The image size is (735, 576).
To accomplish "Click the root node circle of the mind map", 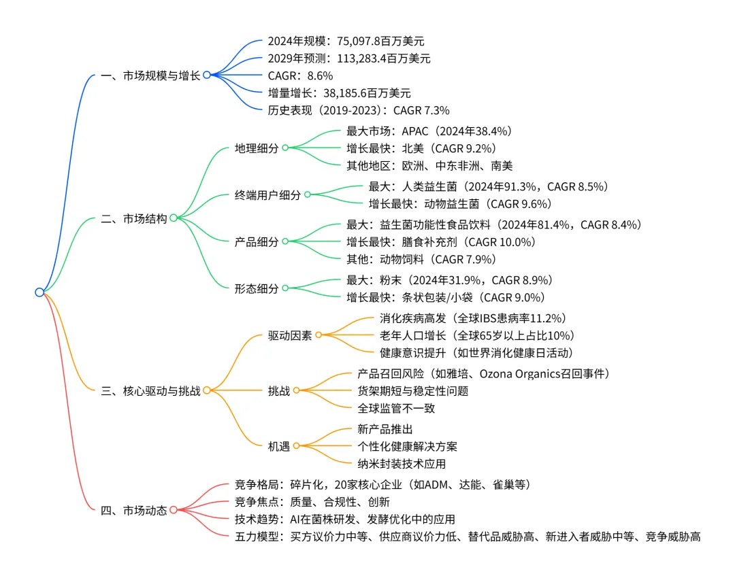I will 39,292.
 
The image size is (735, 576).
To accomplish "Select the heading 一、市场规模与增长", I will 150,76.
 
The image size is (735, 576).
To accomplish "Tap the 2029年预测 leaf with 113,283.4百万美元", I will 349,58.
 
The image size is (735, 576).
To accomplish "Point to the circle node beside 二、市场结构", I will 174,218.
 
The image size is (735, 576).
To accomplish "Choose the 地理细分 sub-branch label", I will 257,148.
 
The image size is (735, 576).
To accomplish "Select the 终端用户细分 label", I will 267,194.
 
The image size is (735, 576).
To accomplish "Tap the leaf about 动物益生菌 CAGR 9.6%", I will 459,203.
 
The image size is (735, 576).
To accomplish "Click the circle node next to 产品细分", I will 285,241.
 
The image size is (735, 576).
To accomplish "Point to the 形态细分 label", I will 257,288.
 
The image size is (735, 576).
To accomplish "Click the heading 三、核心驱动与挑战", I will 150,390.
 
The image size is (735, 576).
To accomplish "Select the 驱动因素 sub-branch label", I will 290,335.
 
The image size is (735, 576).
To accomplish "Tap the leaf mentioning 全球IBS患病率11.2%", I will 472,318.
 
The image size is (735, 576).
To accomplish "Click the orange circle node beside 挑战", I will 296,391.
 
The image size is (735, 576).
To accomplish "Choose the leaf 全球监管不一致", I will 396,408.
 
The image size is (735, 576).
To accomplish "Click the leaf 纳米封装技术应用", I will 402,464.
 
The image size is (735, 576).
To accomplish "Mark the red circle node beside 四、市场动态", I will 174,510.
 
